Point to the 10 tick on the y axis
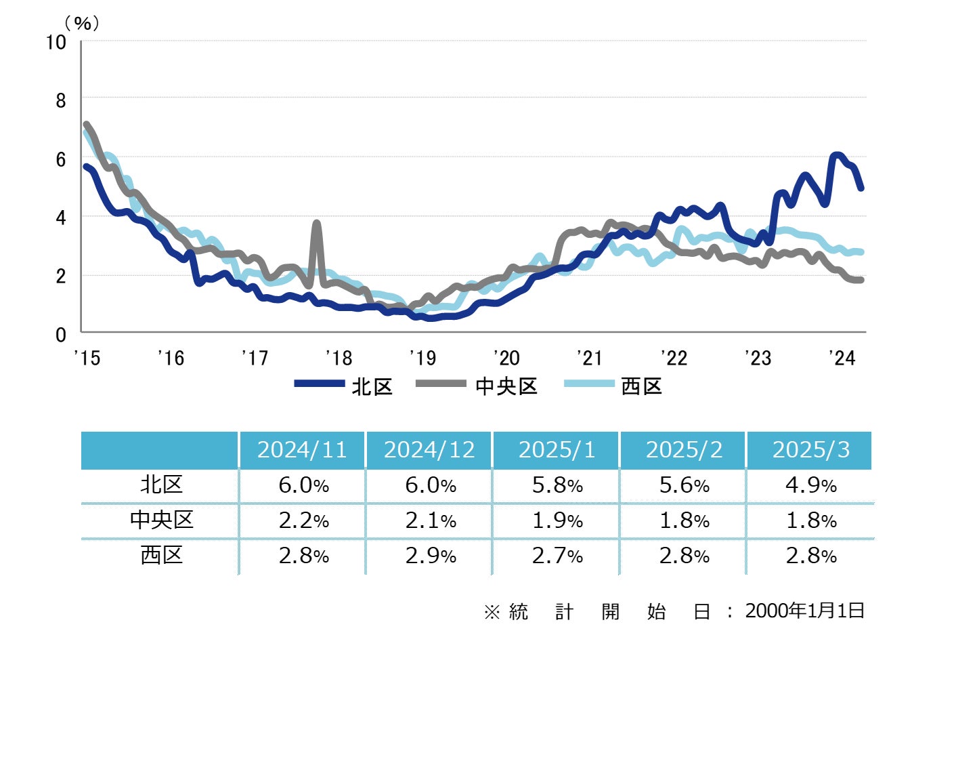pos(56,42)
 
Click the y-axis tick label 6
pos(61,159)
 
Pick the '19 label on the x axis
pos(422,358)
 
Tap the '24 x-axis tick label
pos(842,358)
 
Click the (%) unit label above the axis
pos(82,23)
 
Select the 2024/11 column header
pos(302,450)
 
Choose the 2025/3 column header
pos(810,450)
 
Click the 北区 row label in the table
pos(161,485)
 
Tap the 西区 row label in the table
pos(161,556)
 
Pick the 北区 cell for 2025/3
pos(810,485)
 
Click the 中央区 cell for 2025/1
pos(557,520)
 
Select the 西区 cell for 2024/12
pos(430,556)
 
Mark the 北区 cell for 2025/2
pos(684,485)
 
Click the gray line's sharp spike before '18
pos(316,223)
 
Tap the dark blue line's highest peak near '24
pos(837,155)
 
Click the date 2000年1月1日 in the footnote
pos(804,611)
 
